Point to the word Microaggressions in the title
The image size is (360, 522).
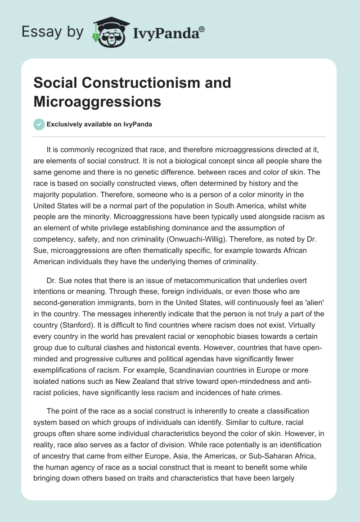point(97,101)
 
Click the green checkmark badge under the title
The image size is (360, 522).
point(39,124)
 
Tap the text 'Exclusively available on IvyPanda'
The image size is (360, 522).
point(99,125)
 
